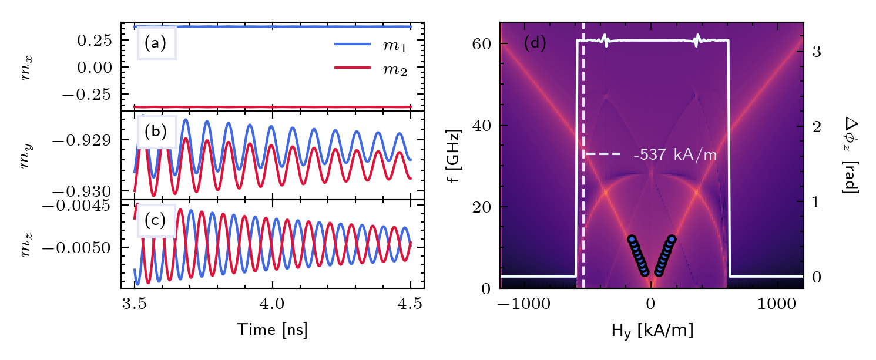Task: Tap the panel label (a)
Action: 156,43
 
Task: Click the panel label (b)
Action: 156,132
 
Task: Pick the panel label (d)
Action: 535,43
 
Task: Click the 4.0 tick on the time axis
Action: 272,305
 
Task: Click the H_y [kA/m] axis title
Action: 651,331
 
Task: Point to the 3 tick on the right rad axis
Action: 817,52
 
